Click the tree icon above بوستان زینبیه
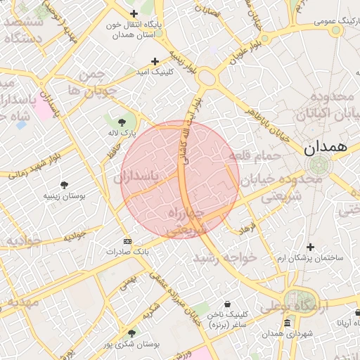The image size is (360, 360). coord(65,185)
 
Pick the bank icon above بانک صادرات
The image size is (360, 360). coord(127,241)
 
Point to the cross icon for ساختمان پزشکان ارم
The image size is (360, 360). coord(311,247)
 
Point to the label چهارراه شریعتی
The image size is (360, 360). coord(186,219)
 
